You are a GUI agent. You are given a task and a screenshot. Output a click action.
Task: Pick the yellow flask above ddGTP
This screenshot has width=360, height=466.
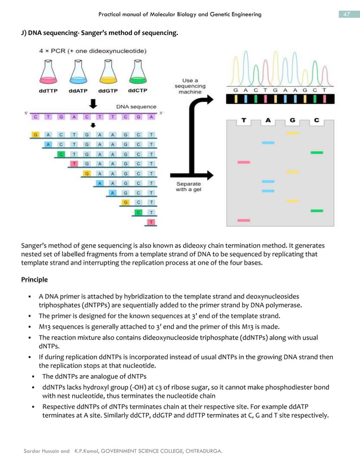click(108, 72)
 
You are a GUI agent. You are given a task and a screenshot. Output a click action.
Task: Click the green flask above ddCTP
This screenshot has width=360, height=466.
click(137, 72)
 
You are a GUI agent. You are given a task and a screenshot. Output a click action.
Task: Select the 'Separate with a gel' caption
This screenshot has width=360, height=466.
click(188, 187)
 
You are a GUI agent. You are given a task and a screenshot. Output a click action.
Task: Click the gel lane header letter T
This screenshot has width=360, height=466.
click(244, 120)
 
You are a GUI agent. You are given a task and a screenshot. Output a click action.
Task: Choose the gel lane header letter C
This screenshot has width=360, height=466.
click(317, 120)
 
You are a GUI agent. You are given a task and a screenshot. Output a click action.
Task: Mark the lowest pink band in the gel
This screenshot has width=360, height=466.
click(244, 220)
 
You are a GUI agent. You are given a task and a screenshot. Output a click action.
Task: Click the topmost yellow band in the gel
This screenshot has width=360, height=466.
click(292, 134)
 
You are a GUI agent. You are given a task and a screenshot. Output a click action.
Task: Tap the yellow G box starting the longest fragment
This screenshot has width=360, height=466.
click(36, 135)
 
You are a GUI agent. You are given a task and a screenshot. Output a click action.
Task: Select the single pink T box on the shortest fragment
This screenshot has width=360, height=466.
click(151, 222)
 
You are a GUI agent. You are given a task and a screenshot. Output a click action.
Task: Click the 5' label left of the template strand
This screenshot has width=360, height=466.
click(27, 113)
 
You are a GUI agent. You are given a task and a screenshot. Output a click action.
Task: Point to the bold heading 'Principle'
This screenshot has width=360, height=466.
click(34, 279)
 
